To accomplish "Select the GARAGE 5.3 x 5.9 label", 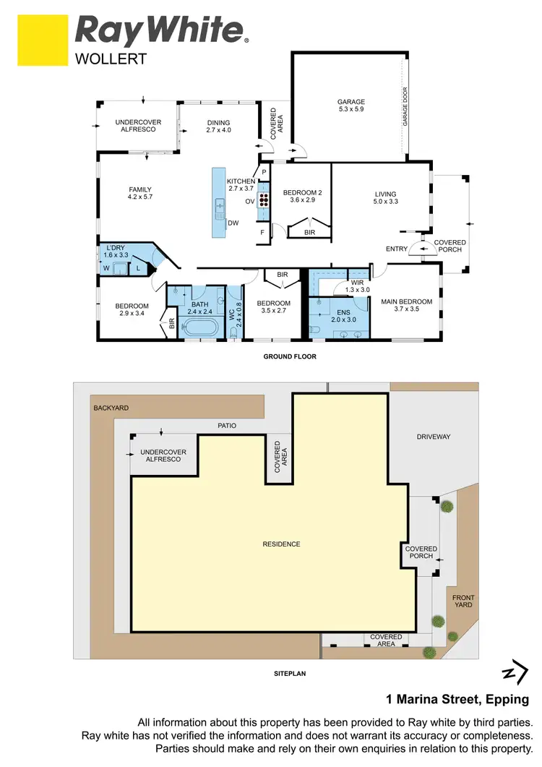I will (x=351, y=106).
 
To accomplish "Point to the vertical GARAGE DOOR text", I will (x=405, y=108).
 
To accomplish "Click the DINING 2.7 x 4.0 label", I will (x=218, y=127).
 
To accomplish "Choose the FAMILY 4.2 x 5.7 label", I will (x=140, y=193).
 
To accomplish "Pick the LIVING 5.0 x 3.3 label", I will (x=386, y=197).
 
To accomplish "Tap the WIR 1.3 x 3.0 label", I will (x=357, y=286).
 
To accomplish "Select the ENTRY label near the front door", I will (x=397, y=249).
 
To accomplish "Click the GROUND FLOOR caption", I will (x=290, y=356).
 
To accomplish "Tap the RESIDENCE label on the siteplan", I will (x=281, y=544).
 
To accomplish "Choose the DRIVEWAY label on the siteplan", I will (x=434, y=437).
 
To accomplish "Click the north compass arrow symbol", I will (x=513, y=672).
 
